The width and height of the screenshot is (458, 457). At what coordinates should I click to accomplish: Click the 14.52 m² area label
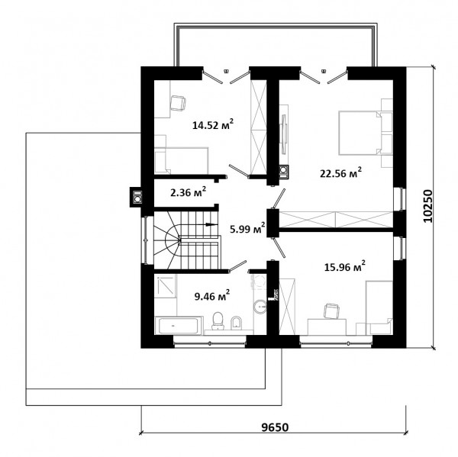(213, 124)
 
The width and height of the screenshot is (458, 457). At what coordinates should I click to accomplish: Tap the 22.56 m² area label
(341, 173)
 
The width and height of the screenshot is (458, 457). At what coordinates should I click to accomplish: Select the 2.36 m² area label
(188, 192)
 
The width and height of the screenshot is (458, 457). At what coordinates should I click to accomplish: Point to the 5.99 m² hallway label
(247, 229)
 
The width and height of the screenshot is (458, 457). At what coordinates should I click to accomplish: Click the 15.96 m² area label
(345, 266)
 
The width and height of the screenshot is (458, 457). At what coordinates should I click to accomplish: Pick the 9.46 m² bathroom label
(212, 296)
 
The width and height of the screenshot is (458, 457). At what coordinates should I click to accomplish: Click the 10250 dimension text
(427, 206)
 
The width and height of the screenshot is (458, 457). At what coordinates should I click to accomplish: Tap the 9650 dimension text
(275, 427)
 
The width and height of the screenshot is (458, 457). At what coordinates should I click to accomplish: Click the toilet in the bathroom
(218, 320)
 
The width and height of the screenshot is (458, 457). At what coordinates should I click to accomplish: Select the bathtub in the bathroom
(179, 325)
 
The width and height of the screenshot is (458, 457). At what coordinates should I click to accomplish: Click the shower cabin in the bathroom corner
(166, 286)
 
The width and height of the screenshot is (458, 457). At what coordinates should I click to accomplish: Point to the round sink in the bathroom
(260, 307)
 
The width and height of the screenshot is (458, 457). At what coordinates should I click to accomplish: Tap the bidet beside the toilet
(236, 323)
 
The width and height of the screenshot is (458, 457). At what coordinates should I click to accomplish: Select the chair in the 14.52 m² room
(178, 103)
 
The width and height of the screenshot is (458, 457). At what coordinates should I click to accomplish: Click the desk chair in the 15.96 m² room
(332, 311)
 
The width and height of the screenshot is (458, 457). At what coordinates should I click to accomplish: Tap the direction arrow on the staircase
(211, 224)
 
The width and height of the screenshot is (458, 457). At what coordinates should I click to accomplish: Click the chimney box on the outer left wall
(136, 197)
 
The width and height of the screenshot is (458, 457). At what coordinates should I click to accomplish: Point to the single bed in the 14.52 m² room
(181, 161)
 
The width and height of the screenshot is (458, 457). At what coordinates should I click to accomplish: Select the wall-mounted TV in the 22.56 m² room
(284, 134)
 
